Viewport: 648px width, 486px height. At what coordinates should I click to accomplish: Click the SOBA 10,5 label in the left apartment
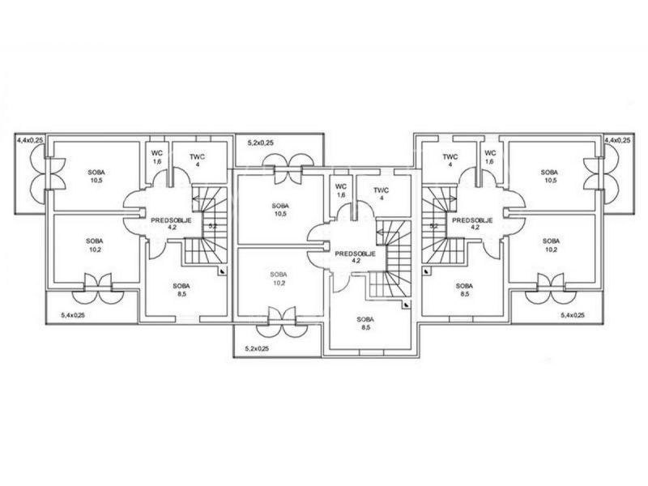point(96,177)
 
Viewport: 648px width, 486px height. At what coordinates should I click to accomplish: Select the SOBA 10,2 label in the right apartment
point(551,245)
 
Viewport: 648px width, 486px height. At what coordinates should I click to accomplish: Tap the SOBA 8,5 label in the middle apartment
point(366,323)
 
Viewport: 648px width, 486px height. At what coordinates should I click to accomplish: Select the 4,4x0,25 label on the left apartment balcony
point(30,141)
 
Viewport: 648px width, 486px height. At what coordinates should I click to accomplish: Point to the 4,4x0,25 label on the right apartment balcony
point(618,141)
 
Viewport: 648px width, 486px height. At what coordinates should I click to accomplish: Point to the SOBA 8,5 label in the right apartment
point(464,290)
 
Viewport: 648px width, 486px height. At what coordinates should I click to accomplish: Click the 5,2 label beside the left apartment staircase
point(212,226)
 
